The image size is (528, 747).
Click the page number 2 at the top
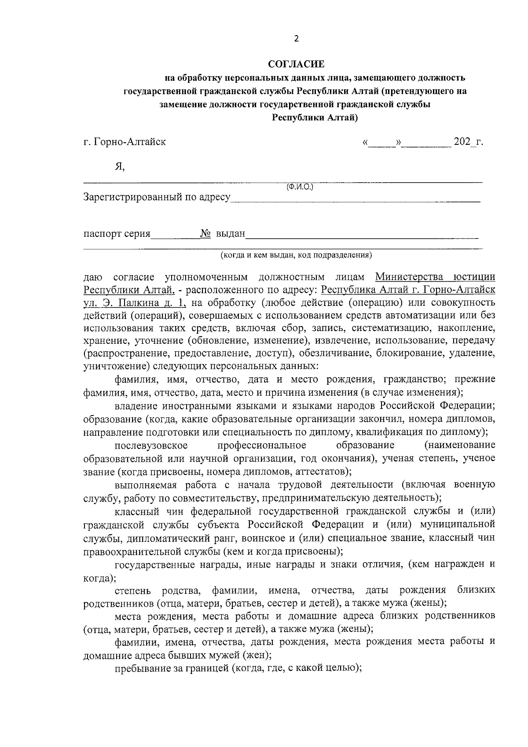pyautogui.click(x=296, y=39)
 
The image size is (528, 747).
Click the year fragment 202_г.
pyautogui.click(x=468, y=142)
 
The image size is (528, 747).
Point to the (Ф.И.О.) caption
pyautogui.click(x=300, y=187)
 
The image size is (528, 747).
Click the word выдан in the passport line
pyautogui.click(x=230, y=234)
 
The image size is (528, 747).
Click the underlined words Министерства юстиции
pyautogui.click(x=435, y=277)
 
